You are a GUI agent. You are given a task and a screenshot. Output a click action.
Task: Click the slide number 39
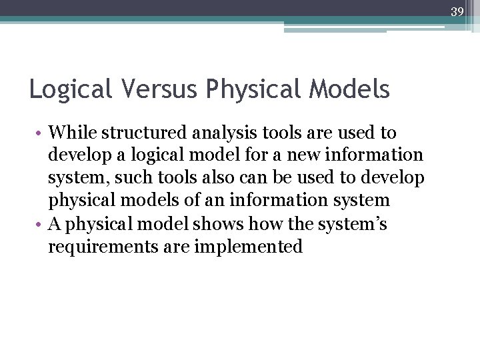tap(457, 12)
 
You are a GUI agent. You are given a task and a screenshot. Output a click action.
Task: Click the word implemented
tap(248, 247)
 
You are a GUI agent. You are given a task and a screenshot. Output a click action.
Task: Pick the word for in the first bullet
tap(266, 155)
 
